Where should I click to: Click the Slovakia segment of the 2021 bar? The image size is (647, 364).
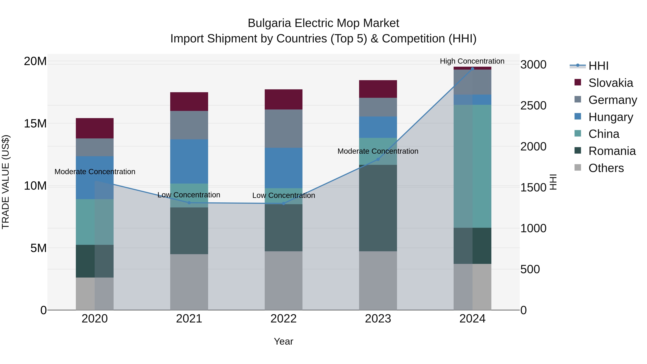tap(189, 102)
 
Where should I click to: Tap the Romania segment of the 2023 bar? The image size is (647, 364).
tap(378, 208)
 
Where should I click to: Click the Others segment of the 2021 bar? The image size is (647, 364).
tap(189, 282)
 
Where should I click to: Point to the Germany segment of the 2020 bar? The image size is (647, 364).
tap(95, 147)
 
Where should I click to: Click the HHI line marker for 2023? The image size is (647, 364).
tap(378, 159)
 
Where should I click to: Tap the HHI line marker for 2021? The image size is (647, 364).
tap(189, 203)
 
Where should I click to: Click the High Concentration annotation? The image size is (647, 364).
tap(472, 61)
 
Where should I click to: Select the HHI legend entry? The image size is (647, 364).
tap(598, 66)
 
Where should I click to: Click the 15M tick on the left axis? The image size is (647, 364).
tap(35, 123)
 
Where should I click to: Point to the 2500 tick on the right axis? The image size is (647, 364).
tap(533, 106)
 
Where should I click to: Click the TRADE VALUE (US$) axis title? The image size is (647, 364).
tap(6, 182)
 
